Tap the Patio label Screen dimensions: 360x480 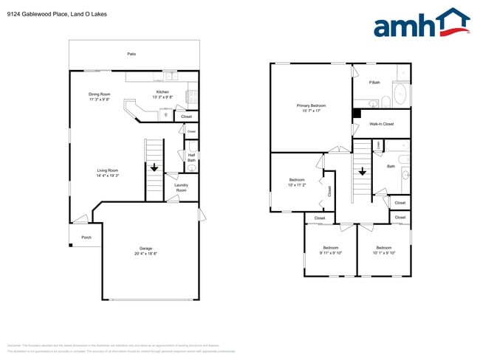pyautogui.click(x=131, y=54)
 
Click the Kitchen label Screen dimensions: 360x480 pyautogui.click(x=162, y=92)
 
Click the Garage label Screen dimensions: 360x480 pyautogui.click(x=146, y=248)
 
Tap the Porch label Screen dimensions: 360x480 pyautogui.click(x=86, y=238)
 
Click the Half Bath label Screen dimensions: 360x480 pyautogui.click(x=191, y=157)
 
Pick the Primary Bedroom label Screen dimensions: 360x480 pyautogui.click(x=311, y=105)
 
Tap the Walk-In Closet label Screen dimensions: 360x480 pyautogui.click(x=382, y=124)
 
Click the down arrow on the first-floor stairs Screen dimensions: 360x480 pyautogui.click(x=154, y=167)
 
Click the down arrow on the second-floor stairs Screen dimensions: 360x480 pyautogui.click(x=363, y=171)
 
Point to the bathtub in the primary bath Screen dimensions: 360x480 pyautogui.click(x=400, y=94)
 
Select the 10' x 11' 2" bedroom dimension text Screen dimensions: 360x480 pyautogui.click(x=297, y=185)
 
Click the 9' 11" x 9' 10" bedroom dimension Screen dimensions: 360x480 pyautogui.click(x=330, y=252)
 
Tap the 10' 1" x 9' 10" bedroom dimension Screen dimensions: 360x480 pyautogui.click(x=383, y=252)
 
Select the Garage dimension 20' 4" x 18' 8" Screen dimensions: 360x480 pyautogui.click(x=146, y=253)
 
